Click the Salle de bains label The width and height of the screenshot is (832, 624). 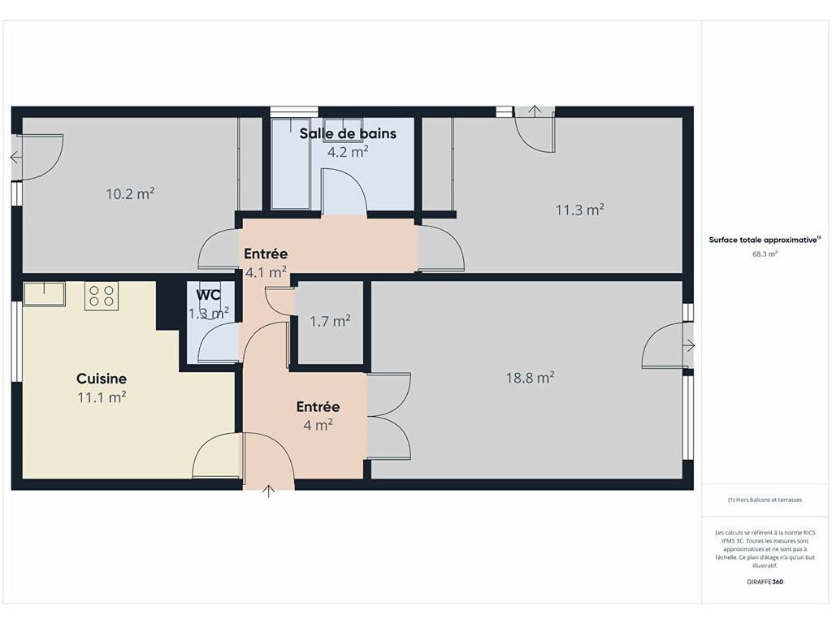point(348,133)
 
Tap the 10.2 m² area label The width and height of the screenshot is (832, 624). point(130,193)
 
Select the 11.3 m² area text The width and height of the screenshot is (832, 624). point(579,210)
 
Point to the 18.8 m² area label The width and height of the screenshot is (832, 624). point(530,378)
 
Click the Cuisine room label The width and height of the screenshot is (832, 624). point(102,379)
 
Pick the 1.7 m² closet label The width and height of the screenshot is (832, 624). point(330,321)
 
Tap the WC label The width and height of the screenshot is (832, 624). point(209,295)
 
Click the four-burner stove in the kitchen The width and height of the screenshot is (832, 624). point(102,296)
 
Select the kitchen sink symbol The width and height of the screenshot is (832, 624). point(44,294)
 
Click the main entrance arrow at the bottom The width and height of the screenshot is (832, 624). point(269,492)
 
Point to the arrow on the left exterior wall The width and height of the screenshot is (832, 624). point(16,158)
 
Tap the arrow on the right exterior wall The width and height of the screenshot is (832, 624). point(689,346)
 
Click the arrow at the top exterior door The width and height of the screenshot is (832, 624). point(535,110)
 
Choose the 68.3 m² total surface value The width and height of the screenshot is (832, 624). point(765,253)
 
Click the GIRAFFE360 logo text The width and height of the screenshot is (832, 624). point(765,582)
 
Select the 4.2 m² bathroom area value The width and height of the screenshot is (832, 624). point(348,152)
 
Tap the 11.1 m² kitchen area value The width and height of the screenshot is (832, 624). point(102,396)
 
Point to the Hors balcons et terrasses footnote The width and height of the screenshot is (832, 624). point(765,500)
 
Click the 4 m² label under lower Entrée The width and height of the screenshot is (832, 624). point(318,425)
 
